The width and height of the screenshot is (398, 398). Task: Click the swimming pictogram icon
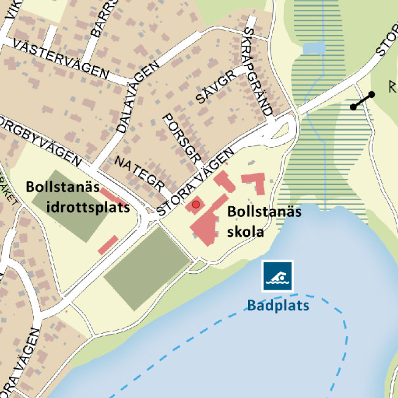pos(278,276)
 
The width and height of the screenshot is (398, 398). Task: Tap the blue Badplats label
pos(279,304)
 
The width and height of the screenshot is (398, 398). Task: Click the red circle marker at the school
pos(196,205)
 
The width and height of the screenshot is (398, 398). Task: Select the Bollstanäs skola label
pos(265,222)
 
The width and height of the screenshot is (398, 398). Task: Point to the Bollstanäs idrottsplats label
pos(78,196)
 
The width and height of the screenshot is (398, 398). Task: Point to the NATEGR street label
pos(139,174)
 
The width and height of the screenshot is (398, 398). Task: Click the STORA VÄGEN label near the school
pos(196,181)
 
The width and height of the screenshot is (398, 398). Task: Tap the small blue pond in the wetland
pos(313,48)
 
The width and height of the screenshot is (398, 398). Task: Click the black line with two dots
pos(362,100)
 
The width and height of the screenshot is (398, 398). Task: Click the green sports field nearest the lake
pos(148,270)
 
